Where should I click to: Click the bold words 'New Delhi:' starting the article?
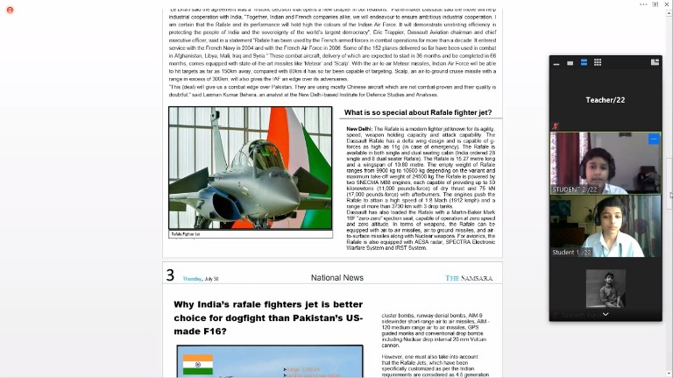point(359,128)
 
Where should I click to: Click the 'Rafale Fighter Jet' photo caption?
point(186,234)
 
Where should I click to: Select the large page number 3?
point(170,276)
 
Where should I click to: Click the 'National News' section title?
point(336,278)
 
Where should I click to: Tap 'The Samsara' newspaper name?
point(469,278)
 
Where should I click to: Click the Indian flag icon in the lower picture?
point(198,363)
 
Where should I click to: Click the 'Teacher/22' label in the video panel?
point(605,100)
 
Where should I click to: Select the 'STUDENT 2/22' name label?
point(575,189)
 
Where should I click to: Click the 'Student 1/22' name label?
point(571,252)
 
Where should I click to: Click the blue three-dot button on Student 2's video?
point(654,139)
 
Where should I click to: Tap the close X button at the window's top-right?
point(665,4)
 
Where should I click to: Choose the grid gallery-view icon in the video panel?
point(598,62)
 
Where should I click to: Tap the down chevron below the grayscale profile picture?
point(605,313)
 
